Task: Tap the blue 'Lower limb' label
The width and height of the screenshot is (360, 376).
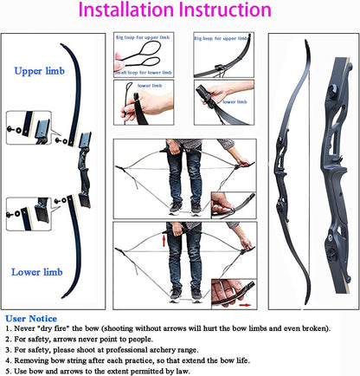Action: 37,272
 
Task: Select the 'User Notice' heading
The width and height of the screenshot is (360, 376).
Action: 32,319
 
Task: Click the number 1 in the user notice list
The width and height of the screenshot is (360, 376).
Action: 8,330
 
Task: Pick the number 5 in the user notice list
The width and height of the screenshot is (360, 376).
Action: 8,370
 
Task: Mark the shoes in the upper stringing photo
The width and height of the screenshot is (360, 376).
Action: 185,207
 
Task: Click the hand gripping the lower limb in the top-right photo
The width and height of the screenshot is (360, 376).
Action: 214,92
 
